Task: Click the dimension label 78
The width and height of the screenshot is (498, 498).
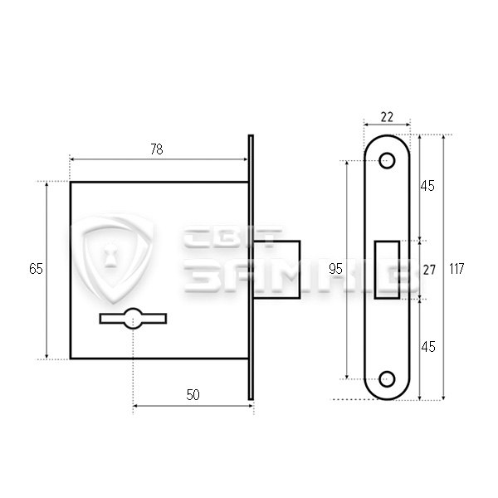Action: click(157, 149)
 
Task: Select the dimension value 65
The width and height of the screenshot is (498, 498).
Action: click(36, 269)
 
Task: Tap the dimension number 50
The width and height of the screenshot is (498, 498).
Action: click(193, 395)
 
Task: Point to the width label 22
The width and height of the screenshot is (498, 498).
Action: click(387, 117)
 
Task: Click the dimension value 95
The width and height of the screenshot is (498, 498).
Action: click(335, 269)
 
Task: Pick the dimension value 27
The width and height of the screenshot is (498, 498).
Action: click(429, 270)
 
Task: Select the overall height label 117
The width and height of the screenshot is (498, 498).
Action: click(456, 269)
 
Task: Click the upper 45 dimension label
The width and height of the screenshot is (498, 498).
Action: click(427, 186)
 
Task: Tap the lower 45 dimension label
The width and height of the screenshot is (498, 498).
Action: click(427, 347)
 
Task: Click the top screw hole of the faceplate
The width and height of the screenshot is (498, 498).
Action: click(387, 161)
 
